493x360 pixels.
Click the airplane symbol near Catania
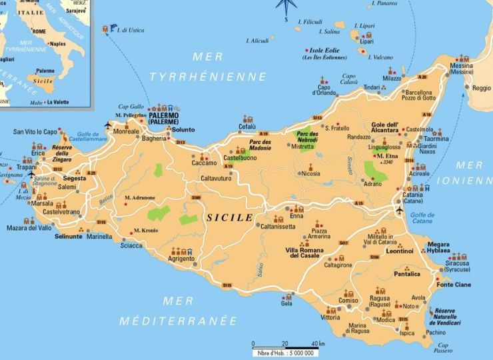pos(399,211)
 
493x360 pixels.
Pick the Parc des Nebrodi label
pos(307,139)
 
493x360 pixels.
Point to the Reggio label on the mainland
pos(481,88)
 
